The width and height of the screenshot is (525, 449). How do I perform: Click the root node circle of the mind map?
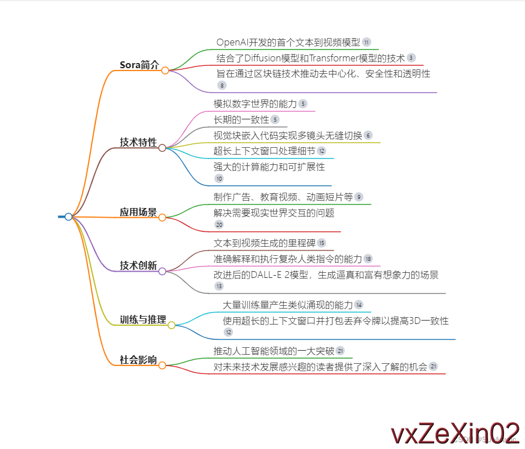[x=68, y=217]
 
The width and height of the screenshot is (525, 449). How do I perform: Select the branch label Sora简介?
[x=139, y=65]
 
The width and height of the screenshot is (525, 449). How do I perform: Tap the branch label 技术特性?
[x=138, y=142]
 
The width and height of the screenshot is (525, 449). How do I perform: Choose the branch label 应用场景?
[x=138, y=212]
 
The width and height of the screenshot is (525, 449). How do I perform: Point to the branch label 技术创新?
[x=138, y=265]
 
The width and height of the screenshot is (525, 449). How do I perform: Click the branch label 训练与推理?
[x=143, y=319]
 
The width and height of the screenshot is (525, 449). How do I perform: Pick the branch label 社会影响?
[x=138, y=359]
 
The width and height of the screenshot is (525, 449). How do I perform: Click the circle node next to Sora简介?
[x=165, y=70]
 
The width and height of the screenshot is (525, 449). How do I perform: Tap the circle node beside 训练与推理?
[x=172, y=325]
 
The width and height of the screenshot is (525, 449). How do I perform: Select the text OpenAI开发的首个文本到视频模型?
[x=288, y=42]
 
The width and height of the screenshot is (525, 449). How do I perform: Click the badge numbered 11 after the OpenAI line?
[x=366, y=42]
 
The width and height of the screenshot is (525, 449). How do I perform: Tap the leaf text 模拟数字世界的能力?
[x=255, y=103]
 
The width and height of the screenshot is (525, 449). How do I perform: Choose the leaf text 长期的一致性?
[x=241, y=119]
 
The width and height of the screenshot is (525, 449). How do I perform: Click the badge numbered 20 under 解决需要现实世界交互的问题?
[x=219, y=224]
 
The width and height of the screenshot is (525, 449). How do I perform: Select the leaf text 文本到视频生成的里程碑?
[x=264, y=243]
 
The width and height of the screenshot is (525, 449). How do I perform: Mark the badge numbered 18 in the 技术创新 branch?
[x=368, y=259]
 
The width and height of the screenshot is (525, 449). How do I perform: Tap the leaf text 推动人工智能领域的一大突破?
[x=273, y=350]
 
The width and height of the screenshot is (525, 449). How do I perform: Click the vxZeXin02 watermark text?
[x=455, y=433]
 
